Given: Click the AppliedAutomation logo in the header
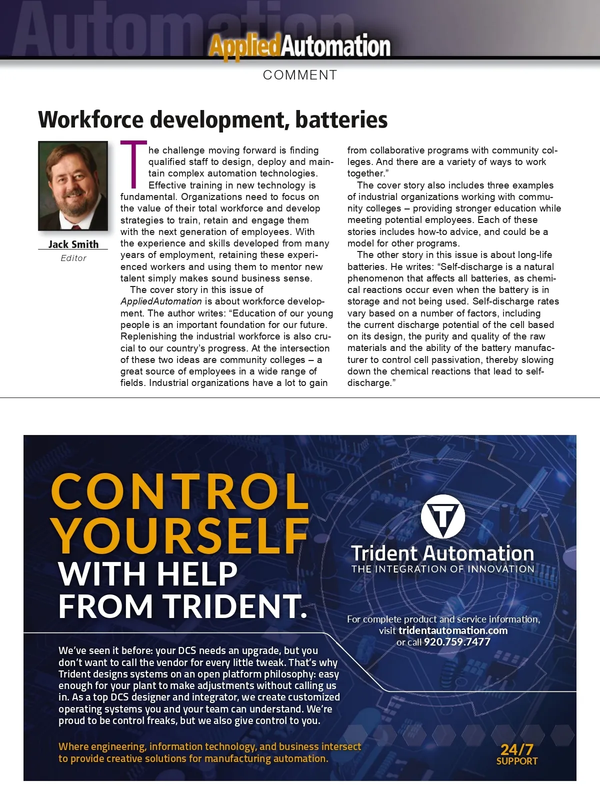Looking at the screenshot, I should (299, 46).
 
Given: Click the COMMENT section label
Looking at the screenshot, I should (300, 75).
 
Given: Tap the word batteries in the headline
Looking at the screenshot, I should (341, 119).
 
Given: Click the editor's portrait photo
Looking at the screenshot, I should (73, 185).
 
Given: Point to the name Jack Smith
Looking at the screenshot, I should (73, 244).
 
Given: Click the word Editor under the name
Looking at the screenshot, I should (73, 258).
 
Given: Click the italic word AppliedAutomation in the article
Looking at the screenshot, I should (161, 301).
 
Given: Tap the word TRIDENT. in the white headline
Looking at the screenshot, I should (236, 605).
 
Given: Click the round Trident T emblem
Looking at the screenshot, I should (443, 516).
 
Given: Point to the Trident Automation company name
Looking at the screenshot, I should (442, 553).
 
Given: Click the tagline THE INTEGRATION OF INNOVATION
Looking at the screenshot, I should (442, 569).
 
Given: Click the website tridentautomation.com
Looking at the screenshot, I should (453, 630).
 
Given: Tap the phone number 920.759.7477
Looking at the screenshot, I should (457, 642).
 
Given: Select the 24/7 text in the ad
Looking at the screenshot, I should (517, 749).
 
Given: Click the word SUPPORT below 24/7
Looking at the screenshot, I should (517, 761).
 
